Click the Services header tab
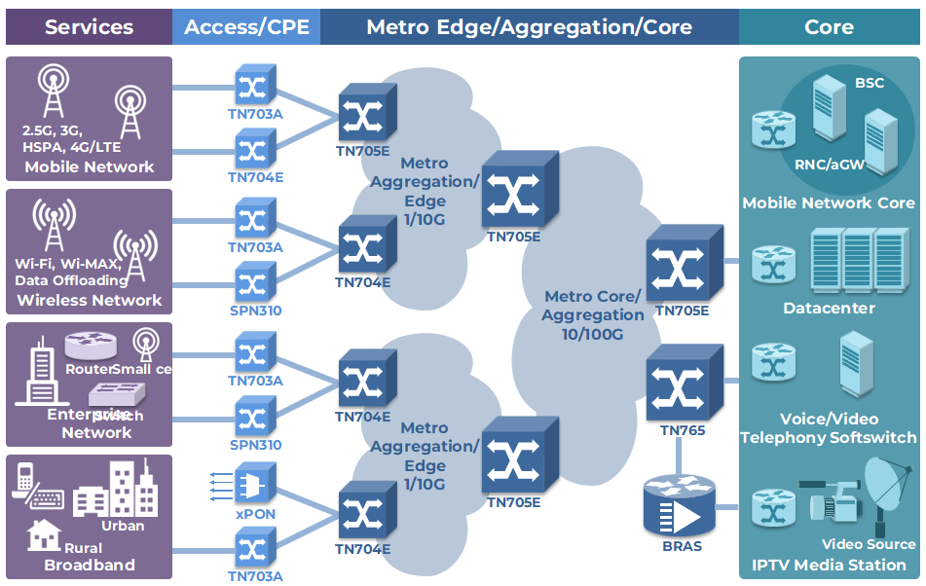click(x=89, y=27)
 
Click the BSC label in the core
click(x=870, y=83)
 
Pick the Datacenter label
click(x=829, y=308)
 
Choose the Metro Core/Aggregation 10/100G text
click(x=593, y=314)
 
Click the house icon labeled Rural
click(x=43, y=534)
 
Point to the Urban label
click(x=123, y=526)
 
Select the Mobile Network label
click(x=89, y=166)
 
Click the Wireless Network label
click(x=90, y=300)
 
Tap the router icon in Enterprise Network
click(x=91, y=345)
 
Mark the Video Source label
click(x=869, y=544)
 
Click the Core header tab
click(x=829, y=27)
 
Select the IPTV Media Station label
click(x=829, y=565)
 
